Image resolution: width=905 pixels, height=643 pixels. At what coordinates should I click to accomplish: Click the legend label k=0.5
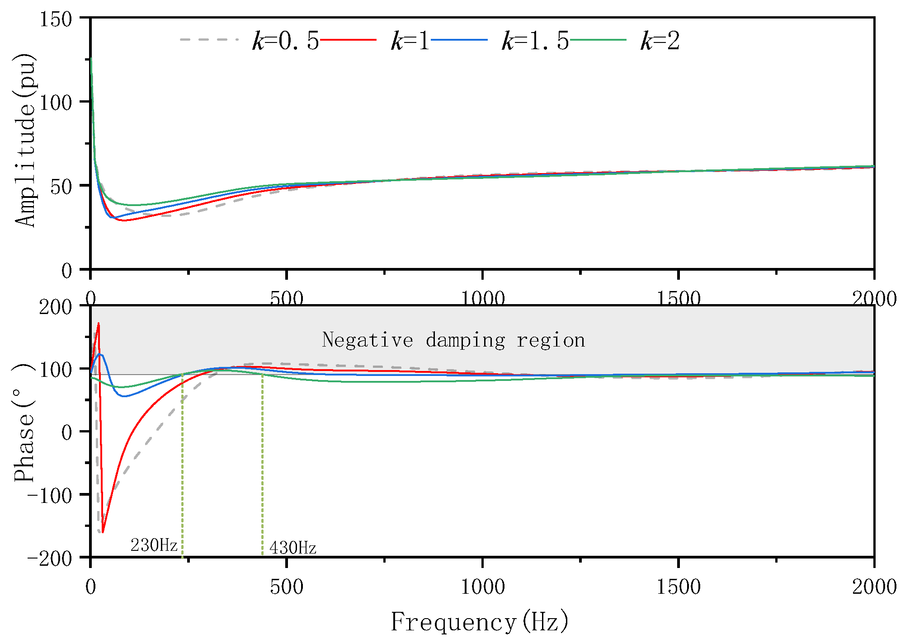click(x=285, y=41)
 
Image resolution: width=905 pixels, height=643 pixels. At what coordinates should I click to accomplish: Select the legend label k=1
click(x=410, y=41)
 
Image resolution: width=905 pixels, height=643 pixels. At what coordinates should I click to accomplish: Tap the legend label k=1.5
click(x=535, y=41)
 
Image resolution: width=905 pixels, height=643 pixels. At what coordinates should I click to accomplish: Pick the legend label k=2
click(x=660, y=41)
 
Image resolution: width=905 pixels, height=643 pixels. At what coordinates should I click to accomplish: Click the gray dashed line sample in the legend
click(x=208, y=40)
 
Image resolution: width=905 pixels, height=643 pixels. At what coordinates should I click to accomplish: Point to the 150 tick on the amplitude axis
click(x=56, y=19)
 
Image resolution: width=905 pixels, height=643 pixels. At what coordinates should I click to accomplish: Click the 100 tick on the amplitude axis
click(x=56, y=103)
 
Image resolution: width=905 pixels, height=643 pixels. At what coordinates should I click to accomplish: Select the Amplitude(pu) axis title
click(x=25, y=140)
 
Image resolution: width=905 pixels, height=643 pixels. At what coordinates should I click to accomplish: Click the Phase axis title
click(x=24, y=422)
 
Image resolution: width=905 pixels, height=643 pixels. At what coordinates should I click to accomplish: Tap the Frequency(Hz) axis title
click(x=479, y=622)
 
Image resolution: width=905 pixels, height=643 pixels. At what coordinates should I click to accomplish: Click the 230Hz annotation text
click(x=154, y=545)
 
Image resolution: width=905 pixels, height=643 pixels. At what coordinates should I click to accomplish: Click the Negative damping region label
click(x=453, y=340)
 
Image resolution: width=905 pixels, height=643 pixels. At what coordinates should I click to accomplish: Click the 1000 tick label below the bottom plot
click(x=482, y=587)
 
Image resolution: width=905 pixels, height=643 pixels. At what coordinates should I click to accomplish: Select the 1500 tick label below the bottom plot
click(x=678, y=587)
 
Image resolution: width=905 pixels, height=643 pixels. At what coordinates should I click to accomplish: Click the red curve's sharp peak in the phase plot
click(x=99, y=324)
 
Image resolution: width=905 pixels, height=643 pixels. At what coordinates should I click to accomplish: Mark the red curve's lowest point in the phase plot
click(x=103, y=532)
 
